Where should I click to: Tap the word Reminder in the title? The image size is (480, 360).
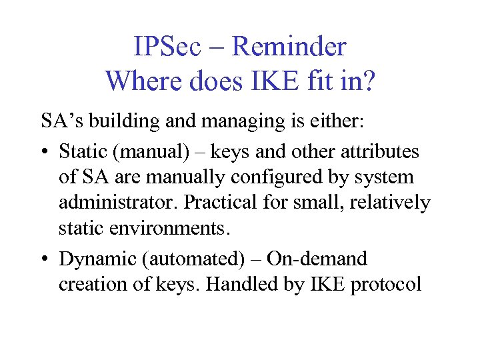coord(289,47)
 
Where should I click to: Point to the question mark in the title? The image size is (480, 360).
coord(369,81)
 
